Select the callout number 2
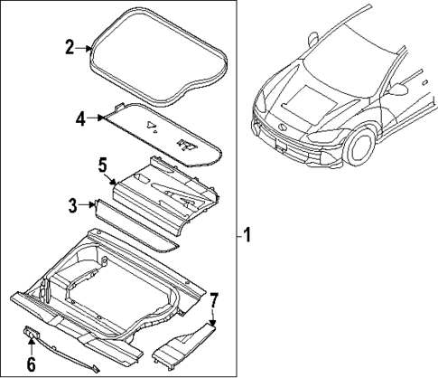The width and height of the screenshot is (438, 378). coord(69,47)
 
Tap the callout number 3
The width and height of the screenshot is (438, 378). coord(73,205)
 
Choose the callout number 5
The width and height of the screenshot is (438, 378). coord(102,165)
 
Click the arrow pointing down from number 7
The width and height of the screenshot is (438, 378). coord(212,317)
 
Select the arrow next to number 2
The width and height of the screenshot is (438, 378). coord(87,48)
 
